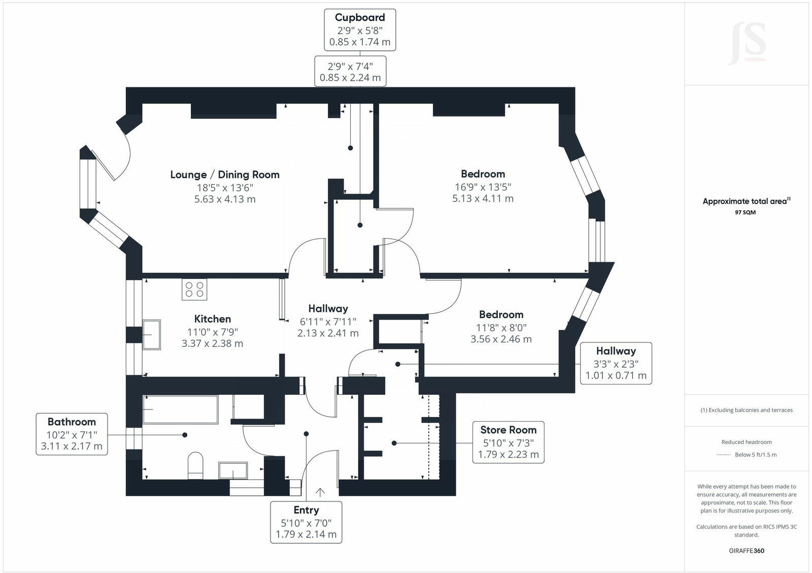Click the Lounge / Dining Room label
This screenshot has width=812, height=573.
click(225, 175)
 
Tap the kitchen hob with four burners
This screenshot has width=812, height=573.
click(194, 290)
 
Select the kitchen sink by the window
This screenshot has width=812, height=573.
click(152, 334)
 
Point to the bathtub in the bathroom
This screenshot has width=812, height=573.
click(180, 409)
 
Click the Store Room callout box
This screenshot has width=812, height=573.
click(508, 442)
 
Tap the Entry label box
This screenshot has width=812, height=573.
click(306, 522)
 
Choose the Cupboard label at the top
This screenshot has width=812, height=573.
click(360, 18)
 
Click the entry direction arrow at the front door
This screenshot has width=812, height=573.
click(320, 492)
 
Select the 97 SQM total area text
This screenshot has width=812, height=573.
click(745, 212)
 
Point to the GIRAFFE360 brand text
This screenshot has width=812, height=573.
click(747, 551)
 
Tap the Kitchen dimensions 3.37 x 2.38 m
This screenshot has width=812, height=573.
click(212, 344)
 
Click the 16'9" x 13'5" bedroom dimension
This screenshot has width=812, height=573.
click(483, 187)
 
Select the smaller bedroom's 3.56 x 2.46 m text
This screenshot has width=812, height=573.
click(501, 339)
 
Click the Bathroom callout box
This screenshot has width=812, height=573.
click(72, 434)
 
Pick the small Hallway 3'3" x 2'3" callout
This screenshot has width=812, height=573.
click(616, 363)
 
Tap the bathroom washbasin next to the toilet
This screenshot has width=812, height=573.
click(233, 470)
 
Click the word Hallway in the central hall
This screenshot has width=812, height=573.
click(328, 309)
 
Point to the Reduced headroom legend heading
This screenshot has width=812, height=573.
click(747, 442)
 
